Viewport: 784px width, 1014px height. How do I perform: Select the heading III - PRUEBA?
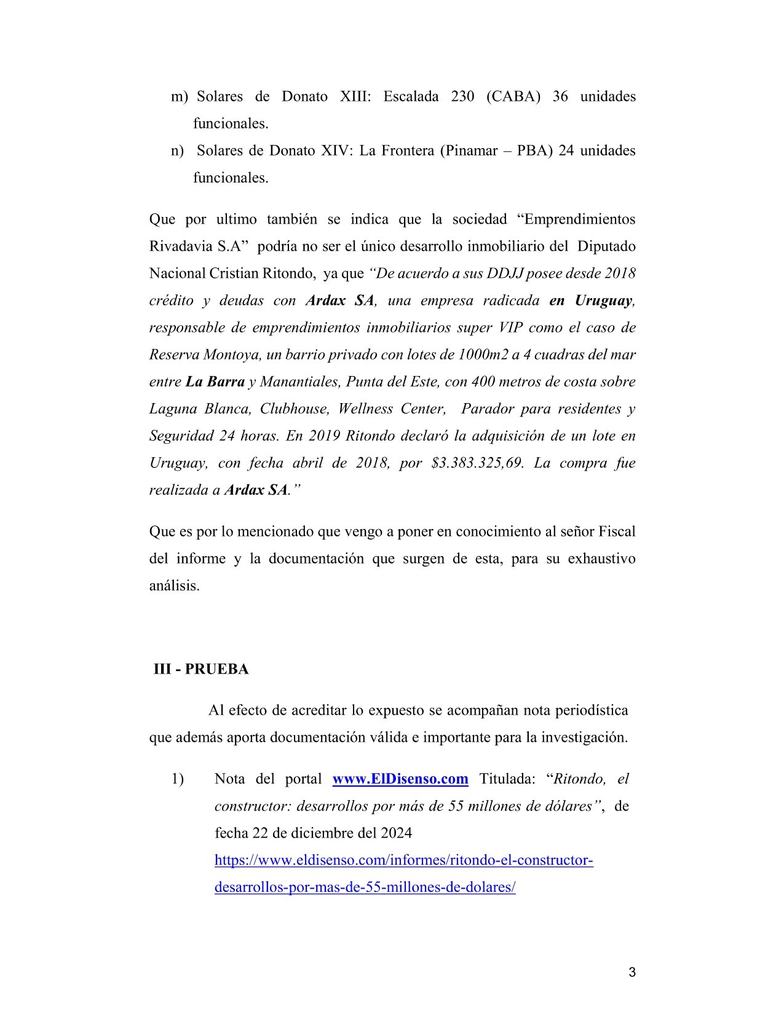(201, 669)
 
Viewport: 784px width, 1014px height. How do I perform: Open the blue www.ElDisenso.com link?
(400, 779)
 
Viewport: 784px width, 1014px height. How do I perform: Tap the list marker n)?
(177, 151)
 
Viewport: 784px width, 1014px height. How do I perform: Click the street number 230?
(463, 96)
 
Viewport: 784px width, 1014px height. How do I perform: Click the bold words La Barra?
(215, 382)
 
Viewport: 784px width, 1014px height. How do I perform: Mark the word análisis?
(175, 586)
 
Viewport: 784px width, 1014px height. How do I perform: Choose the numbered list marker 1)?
(177, 779)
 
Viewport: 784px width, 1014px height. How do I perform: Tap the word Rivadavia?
(179, 246)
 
